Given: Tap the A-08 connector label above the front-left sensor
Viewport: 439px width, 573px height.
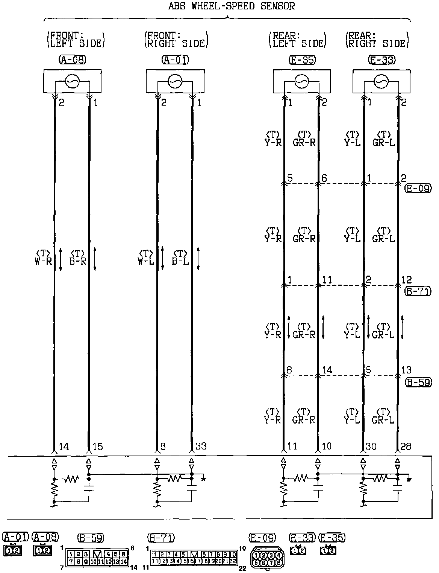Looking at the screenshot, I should coord(73,60).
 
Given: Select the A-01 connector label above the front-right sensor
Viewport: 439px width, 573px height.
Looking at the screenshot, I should coord(175,60).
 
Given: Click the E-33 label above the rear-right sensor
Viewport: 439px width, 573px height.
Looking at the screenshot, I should coord(382,60).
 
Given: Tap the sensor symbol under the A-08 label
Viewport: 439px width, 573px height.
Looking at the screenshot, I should coord(72,81).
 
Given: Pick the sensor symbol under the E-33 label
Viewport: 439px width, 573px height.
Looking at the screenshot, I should coord(381,81).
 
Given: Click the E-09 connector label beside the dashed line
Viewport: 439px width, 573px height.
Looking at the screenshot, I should coord(418,189).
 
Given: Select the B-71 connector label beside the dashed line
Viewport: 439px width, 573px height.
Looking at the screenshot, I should coord(418,291).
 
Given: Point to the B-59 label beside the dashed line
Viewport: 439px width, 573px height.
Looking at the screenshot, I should coord(418,383).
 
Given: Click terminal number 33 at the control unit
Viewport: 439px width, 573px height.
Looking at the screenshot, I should coord(201,447).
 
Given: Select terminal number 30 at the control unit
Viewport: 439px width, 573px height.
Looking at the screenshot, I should coord(371,447).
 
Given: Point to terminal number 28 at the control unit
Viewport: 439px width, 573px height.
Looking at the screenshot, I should coord(406,447).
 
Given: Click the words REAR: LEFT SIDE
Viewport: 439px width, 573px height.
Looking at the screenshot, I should coord(297,40).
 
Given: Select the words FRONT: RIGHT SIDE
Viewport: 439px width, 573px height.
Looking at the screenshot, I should coord(176,40).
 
